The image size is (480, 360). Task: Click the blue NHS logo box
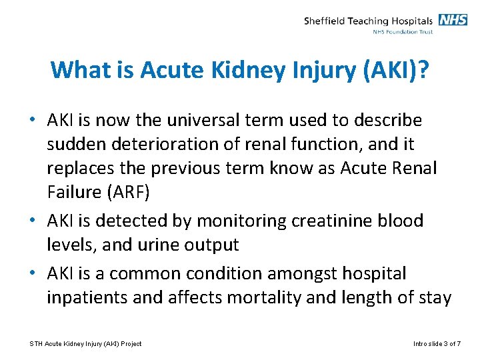[x=453, y=20]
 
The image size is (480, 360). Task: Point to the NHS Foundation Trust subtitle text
[x=403, y=31]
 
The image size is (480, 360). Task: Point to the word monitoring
[x=231, y=221]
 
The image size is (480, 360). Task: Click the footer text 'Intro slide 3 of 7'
[x=437, y=344]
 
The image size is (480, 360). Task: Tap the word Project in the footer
[x=130, y=344]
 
